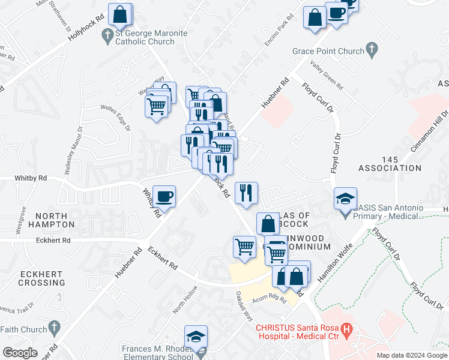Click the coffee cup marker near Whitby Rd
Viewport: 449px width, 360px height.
[x=164, y=196]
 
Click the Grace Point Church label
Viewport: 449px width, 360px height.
[x=328, y=51]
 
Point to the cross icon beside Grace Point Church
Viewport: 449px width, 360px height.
[x=372, y=49]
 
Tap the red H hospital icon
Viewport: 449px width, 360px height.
[x=346, y=329]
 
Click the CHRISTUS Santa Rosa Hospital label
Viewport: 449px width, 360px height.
[x=297, y=332]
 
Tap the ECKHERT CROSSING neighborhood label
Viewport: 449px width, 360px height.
[x=41, y=278]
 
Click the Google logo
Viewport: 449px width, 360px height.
[x=20, y=353]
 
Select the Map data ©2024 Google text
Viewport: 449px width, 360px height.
[x=411, y=355]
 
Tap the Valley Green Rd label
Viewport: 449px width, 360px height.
[x=326, y=75]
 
